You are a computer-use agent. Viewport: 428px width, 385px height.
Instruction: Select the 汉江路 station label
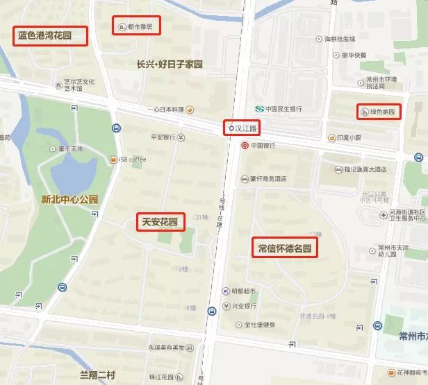[243, 128]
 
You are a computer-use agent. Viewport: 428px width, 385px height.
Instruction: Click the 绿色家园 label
[378, 111]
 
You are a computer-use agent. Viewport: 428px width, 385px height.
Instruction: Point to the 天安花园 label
[160, 222]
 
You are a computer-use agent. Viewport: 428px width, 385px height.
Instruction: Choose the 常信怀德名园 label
[285, 248]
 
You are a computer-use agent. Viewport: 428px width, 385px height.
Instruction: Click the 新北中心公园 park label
[69, 200]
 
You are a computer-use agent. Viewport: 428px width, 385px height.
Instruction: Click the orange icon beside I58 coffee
[112, 159]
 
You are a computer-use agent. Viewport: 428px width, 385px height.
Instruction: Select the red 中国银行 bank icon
[245, 146]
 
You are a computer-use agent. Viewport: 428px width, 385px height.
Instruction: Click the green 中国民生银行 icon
[259, 109]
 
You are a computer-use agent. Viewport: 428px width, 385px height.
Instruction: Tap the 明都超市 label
[243, 291]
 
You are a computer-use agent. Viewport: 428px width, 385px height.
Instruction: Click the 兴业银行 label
[244, 306]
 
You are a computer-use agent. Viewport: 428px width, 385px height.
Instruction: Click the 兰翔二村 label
[97, 375]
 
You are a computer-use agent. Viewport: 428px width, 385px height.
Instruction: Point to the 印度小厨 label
[349, 137]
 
